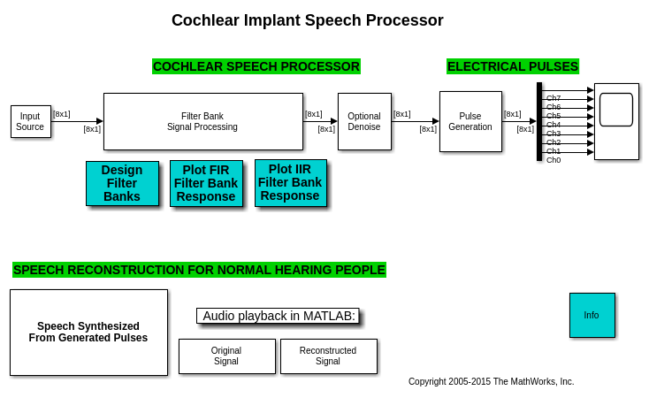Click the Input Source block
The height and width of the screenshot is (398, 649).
30,121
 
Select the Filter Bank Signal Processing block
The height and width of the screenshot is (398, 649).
202,121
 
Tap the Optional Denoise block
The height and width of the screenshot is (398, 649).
363,121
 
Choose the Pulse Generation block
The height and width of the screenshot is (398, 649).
470,121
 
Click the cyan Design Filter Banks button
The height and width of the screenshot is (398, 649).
122,183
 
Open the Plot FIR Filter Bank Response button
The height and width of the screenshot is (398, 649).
205,183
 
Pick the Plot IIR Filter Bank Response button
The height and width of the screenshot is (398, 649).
290,182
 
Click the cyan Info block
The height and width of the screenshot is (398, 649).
592,315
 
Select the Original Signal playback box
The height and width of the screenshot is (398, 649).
226,356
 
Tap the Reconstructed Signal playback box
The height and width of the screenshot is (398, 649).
328,356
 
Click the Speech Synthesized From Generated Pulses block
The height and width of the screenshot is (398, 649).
88,332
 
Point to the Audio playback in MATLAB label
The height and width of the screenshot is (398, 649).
278,316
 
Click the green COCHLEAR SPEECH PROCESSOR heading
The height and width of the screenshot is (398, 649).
256,66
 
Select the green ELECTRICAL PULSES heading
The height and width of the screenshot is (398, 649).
512,66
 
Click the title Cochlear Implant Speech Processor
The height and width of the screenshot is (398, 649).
307,20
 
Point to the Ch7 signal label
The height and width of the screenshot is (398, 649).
554,98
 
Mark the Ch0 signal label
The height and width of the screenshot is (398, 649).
554,160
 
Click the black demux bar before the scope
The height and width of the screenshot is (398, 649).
539,121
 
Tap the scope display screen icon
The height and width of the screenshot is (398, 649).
616,110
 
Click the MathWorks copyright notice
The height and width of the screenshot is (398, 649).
491,381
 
